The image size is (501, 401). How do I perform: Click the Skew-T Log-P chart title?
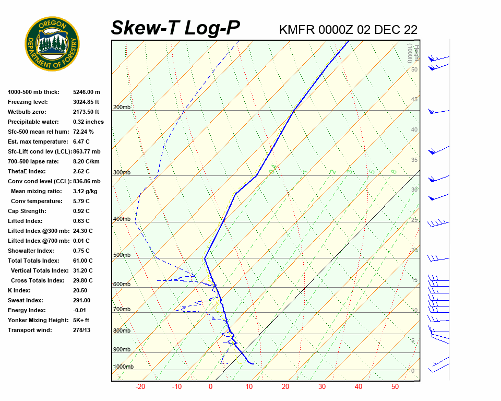click(175, 28)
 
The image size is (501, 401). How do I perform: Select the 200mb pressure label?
click(122, 108)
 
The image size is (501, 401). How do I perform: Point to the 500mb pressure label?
click(122, 255)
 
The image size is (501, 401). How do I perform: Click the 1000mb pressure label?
click(123, 367)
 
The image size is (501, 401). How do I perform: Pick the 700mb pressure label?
click(122, 310)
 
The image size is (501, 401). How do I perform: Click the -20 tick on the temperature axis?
click(140, 387)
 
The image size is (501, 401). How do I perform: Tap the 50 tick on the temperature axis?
click(395, 387)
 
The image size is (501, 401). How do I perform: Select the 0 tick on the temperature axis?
click(211, 387)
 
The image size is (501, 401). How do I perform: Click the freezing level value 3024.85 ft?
click(86, 102)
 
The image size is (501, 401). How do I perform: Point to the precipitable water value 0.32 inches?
click(88, 122)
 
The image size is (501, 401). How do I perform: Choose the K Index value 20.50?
click(80, 290)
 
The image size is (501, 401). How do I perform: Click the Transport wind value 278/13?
click(82, 330)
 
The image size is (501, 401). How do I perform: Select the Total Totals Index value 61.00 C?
click(83, 261)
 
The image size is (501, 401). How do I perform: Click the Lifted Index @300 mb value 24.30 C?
click(83, 231)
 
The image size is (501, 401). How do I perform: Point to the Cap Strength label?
click(27, 211)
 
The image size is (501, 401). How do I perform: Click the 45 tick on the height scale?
click(414, 100)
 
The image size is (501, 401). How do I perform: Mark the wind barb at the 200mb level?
click(438, 112)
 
